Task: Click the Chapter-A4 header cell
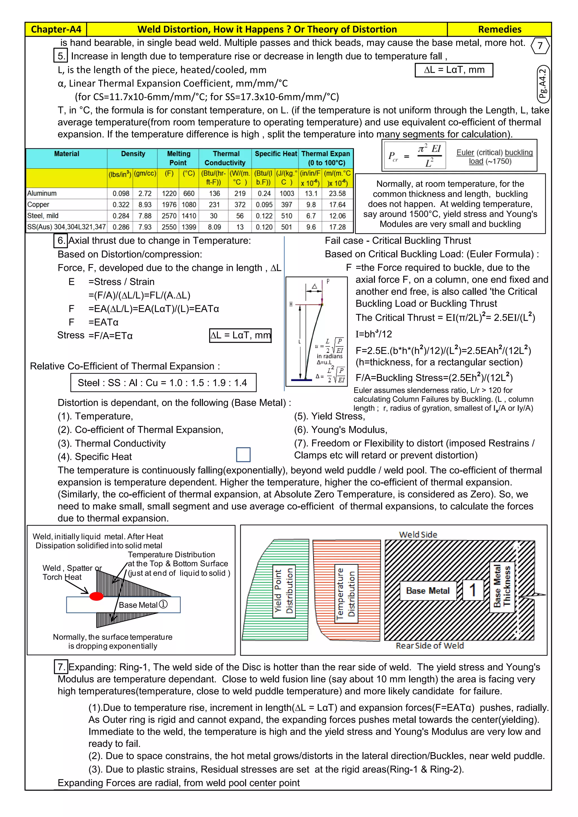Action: (x=56, y=29)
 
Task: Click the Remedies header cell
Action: (x=499, y=29)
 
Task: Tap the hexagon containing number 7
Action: (x=540, y=45)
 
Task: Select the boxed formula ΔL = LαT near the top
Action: (x=454, y=70)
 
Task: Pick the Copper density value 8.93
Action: (x=145, y=205)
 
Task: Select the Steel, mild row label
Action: (x=43, y=216)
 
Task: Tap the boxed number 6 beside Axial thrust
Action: (x=61, y=241)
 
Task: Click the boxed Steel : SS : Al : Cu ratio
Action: (x=163, y=383)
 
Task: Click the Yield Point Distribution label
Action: (x=284, y=591)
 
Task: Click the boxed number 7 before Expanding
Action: (x=61, y=667)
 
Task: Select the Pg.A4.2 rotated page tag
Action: (x=543, y=84)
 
